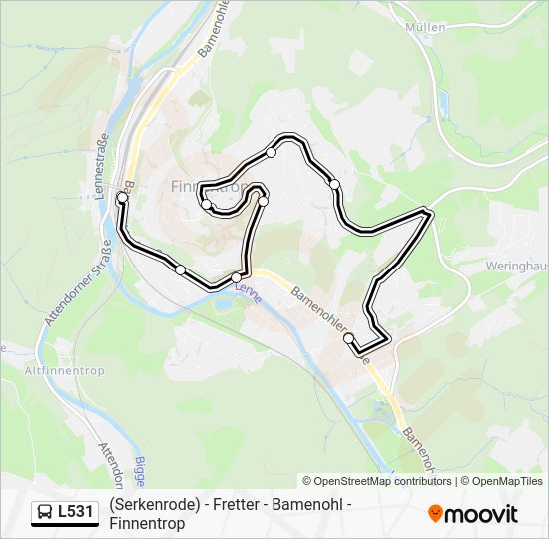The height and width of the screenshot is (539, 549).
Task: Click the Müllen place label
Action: tap(426, 27)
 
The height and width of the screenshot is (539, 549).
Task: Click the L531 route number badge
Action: tap(77, 512)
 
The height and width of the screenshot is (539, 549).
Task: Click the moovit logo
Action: tap(473, 514)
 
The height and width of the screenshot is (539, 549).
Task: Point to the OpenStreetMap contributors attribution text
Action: tap(381, 481)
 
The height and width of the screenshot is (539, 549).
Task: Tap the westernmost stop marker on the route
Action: tap(122, 198)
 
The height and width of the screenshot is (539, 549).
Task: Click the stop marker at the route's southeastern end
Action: tap(349, 338)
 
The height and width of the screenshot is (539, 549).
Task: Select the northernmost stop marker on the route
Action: tap(271, 152)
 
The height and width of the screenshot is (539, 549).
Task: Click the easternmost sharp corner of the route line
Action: tap(430, 212)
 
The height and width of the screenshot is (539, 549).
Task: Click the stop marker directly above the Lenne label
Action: tap(237, 276)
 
